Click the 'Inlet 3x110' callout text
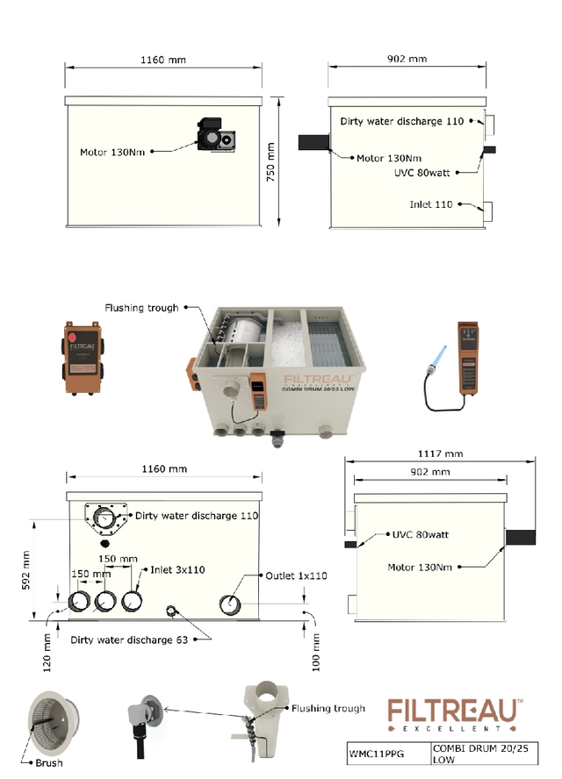tap(177, 569)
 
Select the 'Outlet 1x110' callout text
tap(295, 576)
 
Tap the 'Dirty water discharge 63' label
tap(129, 640)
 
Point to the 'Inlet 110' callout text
tap(431, 204)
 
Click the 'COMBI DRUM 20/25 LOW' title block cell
tap(471, 751)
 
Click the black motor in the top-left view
tap(214, 134)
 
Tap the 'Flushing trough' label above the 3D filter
tap(141, 308)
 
